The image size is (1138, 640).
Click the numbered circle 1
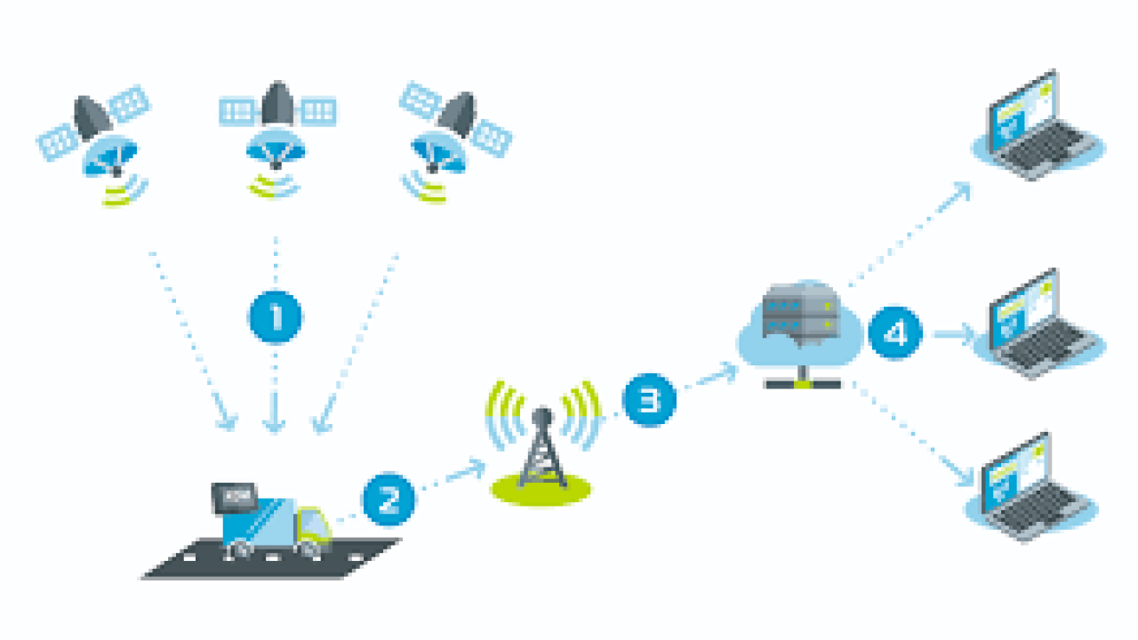click(x=276, y=316)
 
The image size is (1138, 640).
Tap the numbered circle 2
click(x=389, y=499)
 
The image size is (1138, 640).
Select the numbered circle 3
click(x=649, y=400)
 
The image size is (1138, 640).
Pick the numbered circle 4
click(x=894, y=333)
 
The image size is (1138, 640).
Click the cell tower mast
click(x=542, y=448)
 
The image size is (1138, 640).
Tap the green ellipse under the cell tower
click(x=541, y=489)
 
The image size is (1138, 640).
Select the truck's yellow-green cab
click(x=315, y=525)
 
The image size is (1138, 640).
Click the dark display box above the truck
click(x=234, y=498)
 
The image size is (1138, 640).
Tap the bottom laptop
click(x=1031, y=489)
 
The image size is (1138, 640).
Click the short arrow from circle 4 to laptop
click(x=954, y=334)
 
